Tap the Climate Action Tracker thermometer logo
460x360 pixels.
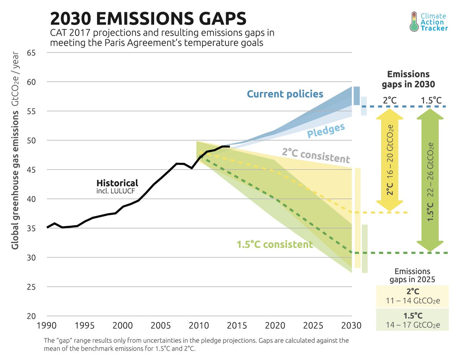tap(414, 21)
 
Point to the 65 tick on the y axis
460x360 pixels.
tap(31, 53)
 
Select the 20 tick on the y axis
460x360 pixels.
tap(31, 316)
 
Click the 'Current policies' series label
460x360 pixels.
tap(285, 94)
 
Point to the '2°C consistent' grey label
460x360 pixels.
tap(316, 155)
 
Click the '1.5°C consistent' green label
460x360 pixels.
tap(274, 244)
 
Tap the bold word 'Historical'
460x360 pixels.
tap(117, 183)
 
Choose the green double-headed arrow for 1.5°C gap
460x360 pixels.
tap(430, 180)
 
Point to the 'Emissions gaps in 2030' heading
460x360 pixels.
tap(408, 79)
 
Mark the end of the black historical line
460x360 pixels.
tap(229, 146)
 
